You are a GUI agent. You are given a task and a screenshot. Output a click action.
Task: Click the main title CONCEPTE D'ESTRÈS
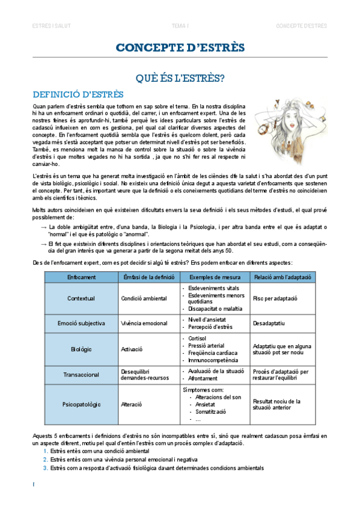(180, 48)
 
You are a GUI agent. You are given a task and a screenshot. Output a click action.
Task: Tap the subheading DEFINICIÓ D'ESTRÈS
(78, 94)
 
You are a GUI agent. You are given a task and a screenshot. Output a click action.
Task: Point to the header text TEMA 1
(180, 26)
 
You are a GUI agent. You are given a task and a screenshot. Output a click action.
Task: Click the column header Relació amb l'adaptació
(282, 277)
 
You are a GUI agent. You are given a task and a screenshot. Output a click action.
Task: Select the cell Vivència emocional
(144, 323)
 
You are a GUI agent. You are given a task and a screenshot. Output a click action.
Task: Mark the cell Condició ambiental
(144, 298)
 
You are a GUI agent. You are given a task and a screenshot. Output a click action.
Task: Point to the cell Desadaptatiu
(269, 323)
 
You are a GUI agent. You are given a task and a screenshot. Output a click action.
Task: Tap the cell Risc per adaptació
(275, 298)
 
